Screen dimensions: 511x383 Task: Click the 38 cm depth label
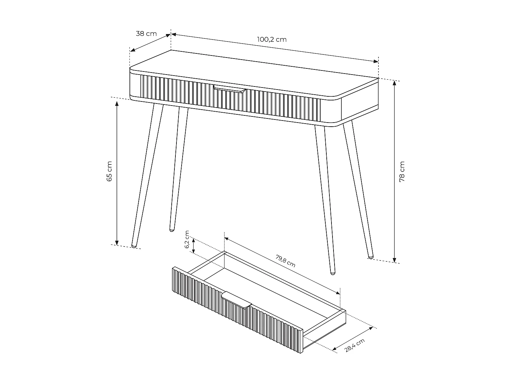coord(146,34)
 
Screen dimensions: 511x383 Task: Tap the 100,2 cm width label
coord(272,39)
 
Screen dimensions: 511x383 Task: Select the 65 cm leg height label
coord(109,171)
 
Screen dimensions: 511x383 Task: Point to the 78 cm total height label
coord(402,172)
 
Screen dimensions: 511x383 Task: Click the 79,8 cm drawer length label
coord(285,261)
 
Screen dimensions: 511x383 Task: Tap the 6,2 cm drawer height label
coord(187,240)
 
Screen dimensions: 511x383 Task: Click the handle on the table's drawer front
coord(230,89)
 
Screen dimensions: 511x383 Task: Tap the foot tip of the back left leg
coord(172,230)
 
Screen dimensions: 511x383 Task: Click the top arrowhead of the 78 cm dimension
coord(394,82)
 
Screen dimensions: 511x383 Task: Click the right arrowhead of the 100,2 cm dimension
coord(376,61)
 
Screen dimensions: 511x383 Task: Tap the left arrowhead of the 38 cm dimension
coord(133,50)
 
